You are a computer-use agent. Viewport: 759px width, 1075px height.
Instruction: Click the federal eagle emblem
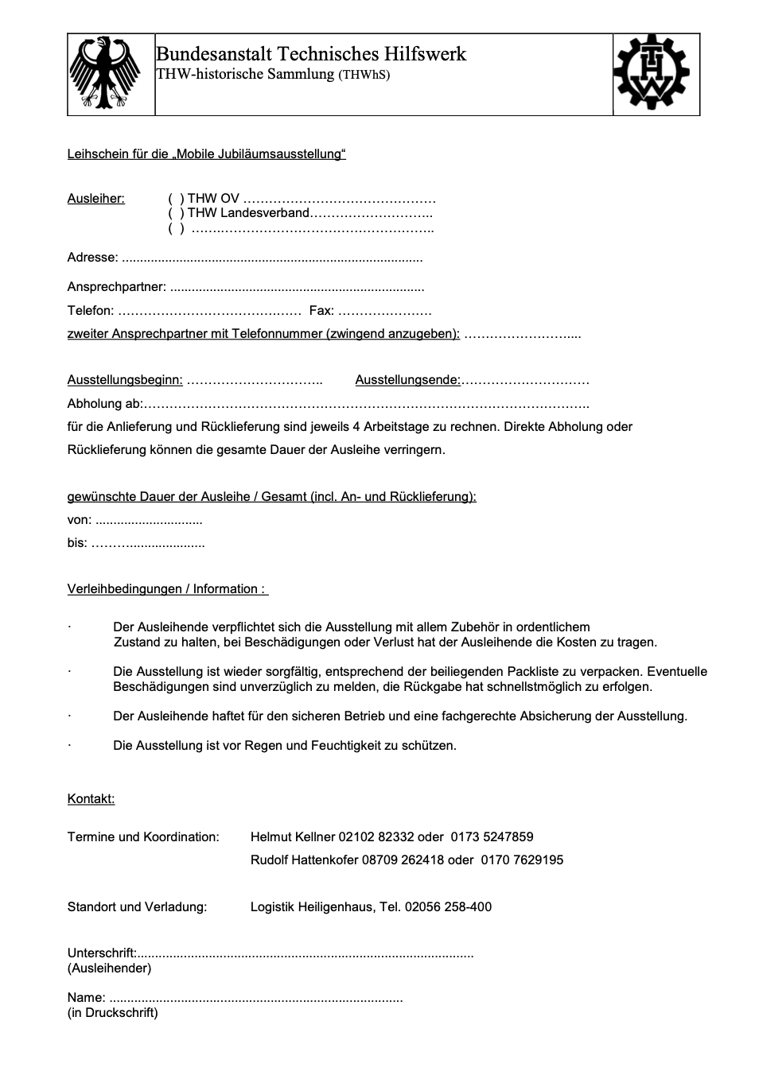111,74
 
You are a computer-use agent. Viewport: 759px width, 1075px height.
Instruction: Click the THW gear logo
656,74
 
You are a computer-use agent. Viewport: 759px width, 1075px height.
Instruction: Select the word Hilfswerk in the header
426,54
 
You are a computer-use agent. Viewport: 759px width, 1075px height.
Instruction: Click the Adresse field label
92,258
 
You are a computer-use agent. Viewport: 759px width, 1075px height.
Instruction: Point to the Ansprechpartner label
116,287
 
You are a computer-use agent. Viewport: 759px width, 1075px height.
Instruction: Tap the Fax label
321,311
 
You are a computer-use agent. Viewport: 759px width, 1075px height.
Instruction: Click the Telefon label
90,311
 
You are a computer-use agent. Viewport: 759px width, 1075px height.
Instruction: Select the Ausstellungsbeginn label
125,380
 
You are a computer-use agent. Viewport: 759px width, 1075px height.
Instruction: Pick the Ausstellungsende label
407,380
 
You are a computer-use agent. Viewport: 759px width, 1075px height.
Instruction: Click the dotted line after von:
149,522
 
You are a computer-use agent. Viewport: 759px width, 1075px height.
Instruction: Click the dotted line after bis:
149,545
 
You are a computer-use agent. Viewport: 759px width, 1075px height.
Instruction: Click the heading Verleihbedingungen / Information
167,589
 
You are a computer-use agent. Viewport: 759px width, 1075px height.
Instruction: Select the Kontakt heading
91,799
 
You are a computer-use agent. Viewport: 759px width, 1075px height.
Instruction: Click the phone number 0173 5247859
492,837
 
